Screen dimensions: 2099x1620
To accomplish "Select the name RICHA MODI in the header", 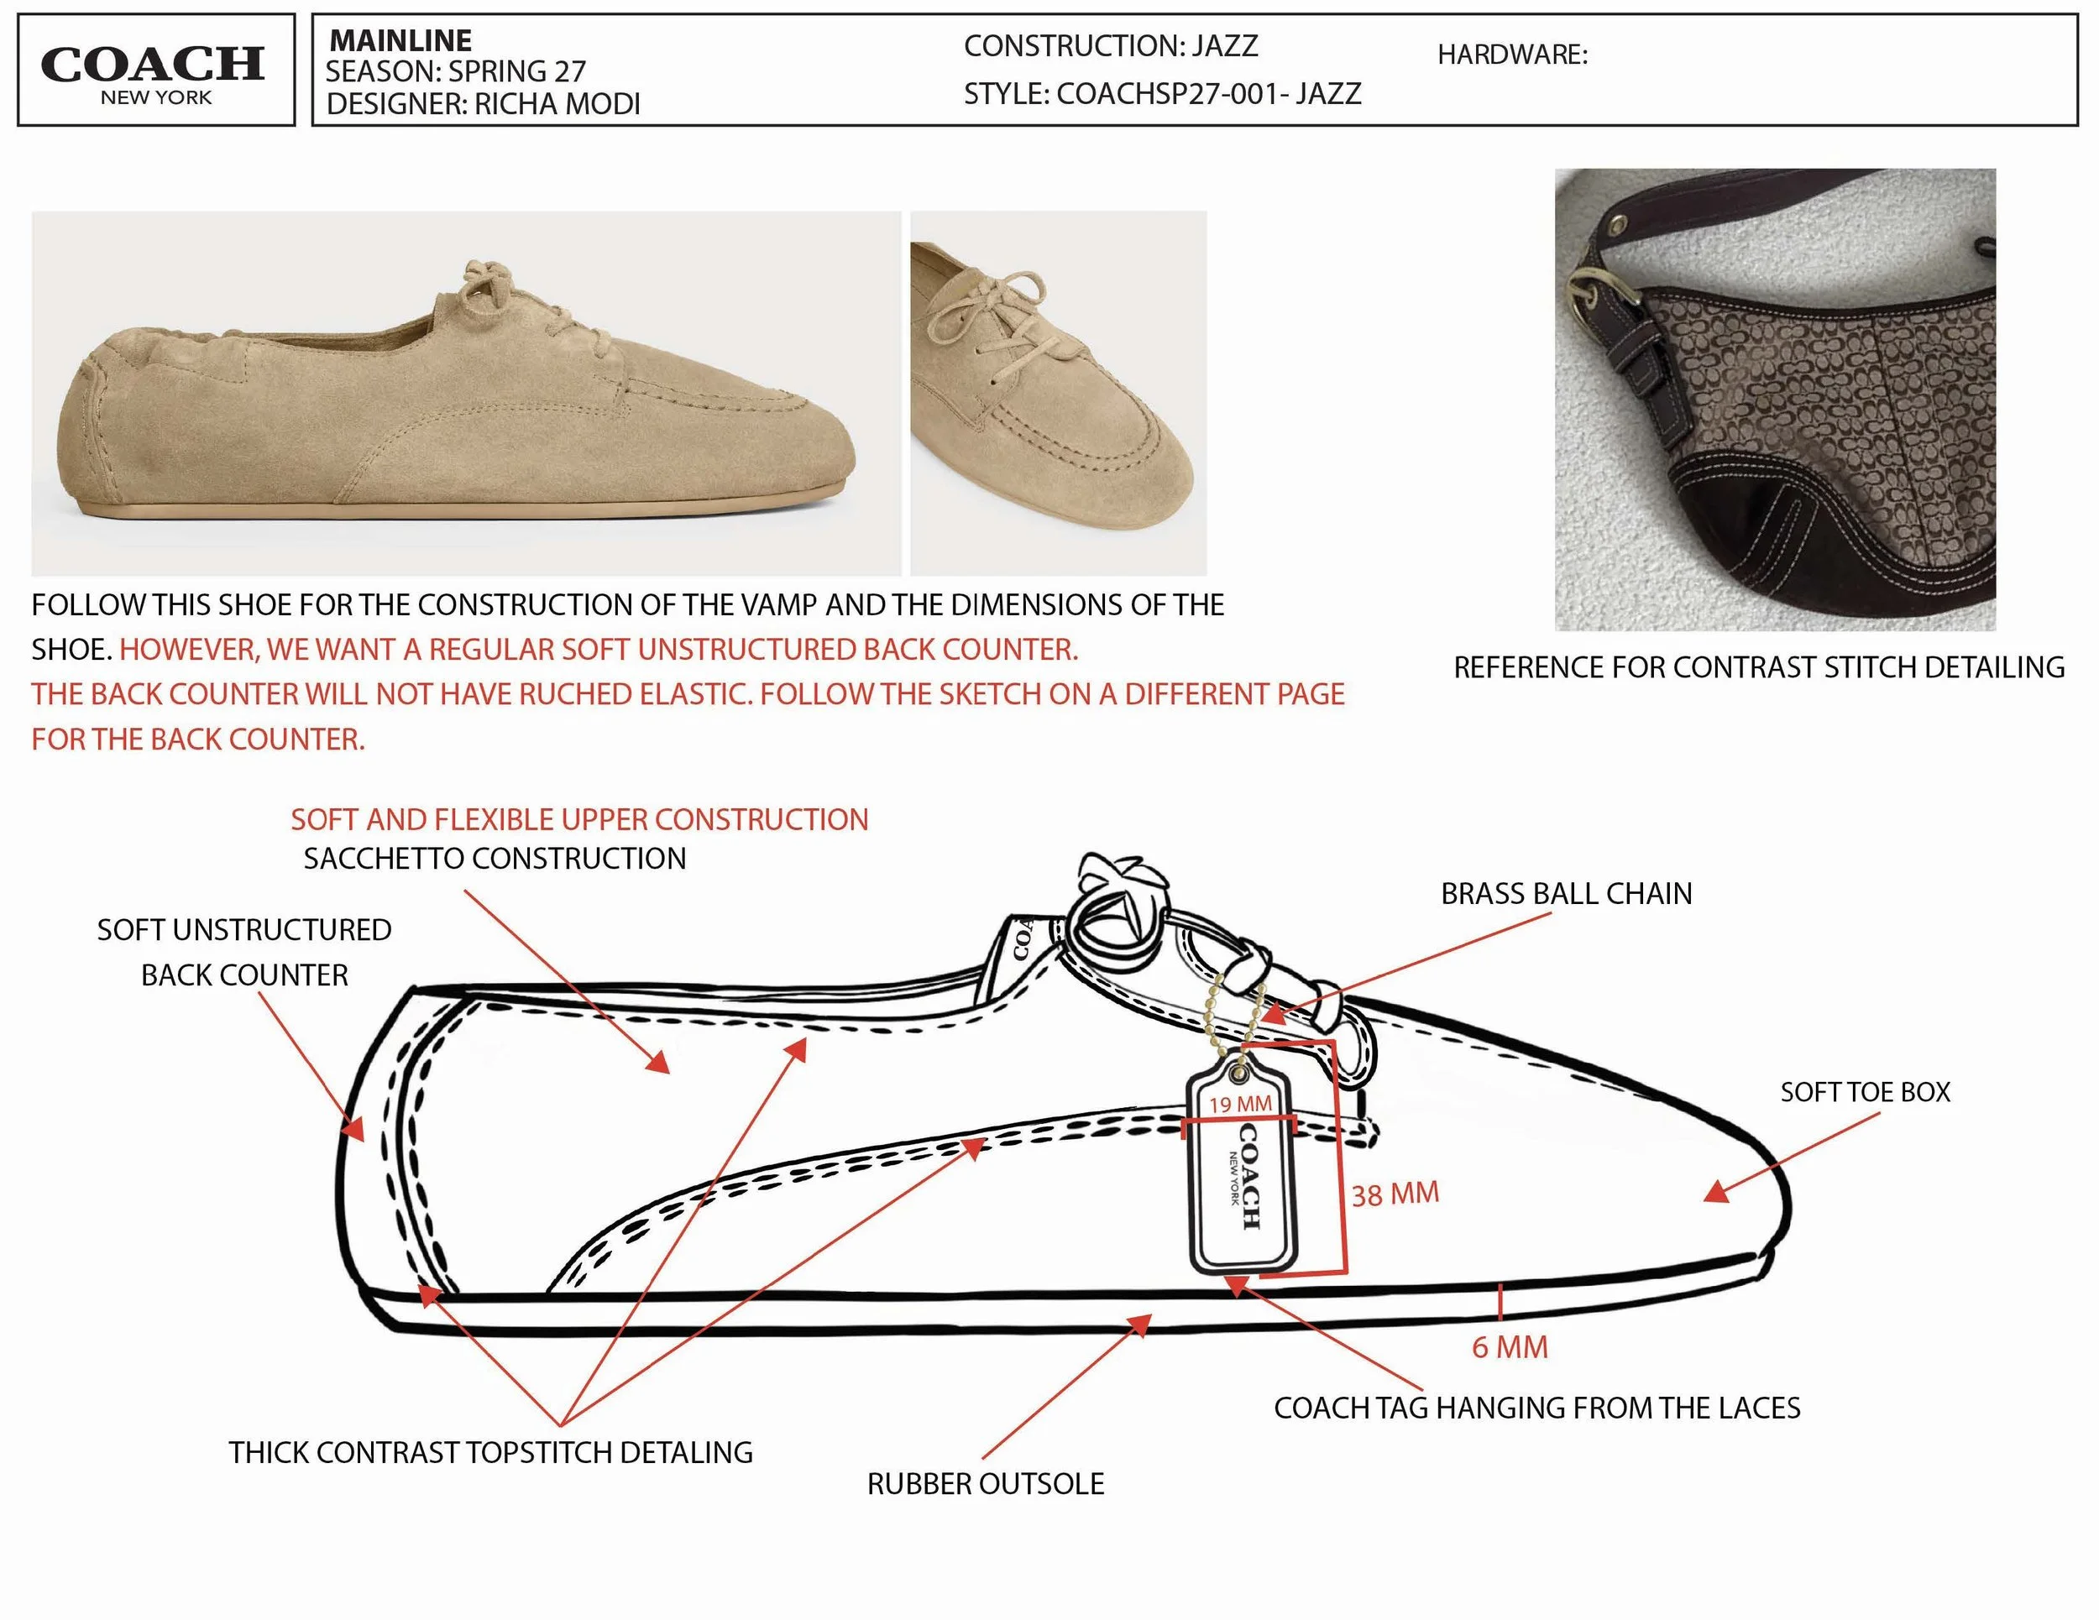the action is coord(557,104).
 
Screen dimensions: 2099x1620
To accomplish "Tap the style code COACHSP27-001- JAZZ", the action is coord(1209,94).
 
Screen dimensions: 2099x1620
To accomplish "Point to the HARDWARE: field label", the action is coord(1513,55).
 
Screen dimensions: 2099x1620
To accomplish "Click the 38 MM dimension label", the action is coord(1395,1194).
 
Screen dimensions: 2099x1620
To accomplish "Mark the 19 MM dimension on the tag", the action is coord(1240,1104).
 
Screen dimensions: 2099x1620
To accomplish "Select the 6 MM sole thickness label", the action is coord(1510,1347).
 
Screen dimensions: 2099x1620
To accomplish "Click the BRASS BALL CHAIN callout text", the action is coord(1567,894).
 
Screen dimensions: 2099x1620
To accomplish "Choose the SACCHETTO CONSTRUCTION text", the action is coord(495,858).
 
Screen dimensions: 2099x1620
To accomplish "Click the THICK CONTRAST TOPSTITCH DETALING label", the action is coord(491,1452).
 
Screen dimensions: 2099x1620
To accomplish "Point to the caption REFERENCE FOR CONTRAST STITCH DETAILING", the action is coord(1759,666).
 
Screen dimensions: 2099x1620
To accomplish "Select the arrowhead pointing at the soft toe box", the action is coord(1716,1193).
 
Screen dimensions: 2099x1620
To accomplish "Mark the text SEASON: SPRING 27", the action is coord(456,71).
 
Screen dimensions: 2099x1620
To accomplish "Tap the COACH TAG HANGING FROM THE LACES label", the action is coord(1536,1408).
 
